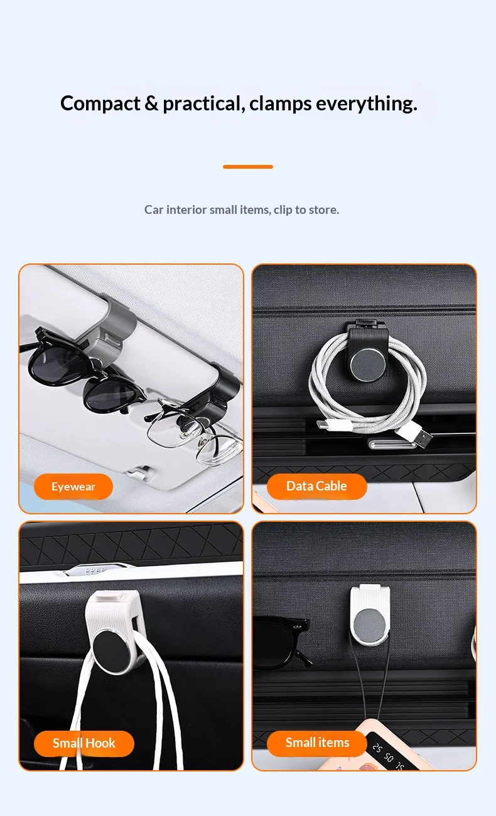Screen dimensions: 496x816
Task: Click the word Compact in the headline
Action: tap(100, 103)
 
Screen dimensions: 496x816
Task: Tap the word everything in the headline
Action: tap(366, 104)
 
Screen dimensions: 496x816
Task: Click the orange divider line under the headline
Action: tap(248, 167)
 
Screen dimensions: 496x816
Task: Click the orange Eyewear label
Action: tap(73, 487)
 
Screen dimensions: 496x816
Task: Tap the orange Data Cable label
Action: tap(316, 486)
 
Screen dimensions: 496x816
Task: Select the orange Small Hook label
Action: tap(84, 743)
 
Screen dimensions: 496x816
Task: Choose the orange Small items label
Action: tap(317, 743)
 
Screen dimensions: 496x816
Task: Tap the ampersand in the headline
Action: tap(151, 103)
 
